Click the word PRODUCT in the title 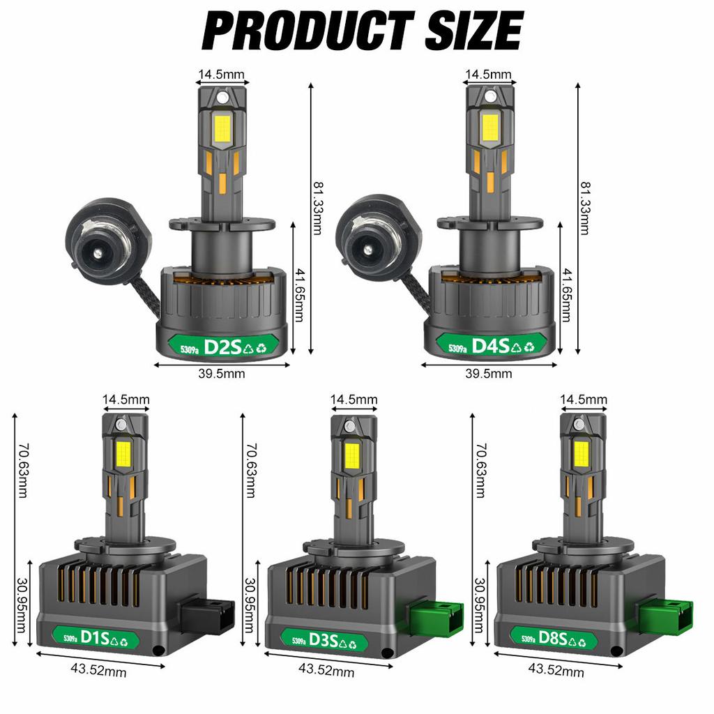point(307,31)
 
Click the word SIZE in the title point(473,31)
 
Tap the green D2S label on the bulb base point(223,347)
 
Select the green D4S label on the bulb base point(491,346)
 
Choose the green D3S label point(325,641)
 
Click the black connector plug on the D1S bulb point(208,616)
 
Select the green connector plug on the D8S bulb point(666,617)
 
